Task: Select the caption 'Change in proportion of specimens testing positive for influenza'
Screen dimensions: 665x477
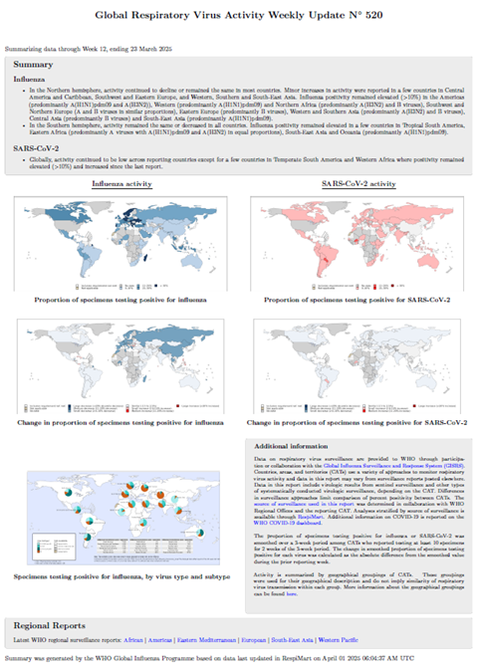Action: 119,423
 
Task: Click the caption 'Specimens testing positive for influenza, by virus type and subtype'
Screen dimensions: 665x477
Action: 119,575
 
